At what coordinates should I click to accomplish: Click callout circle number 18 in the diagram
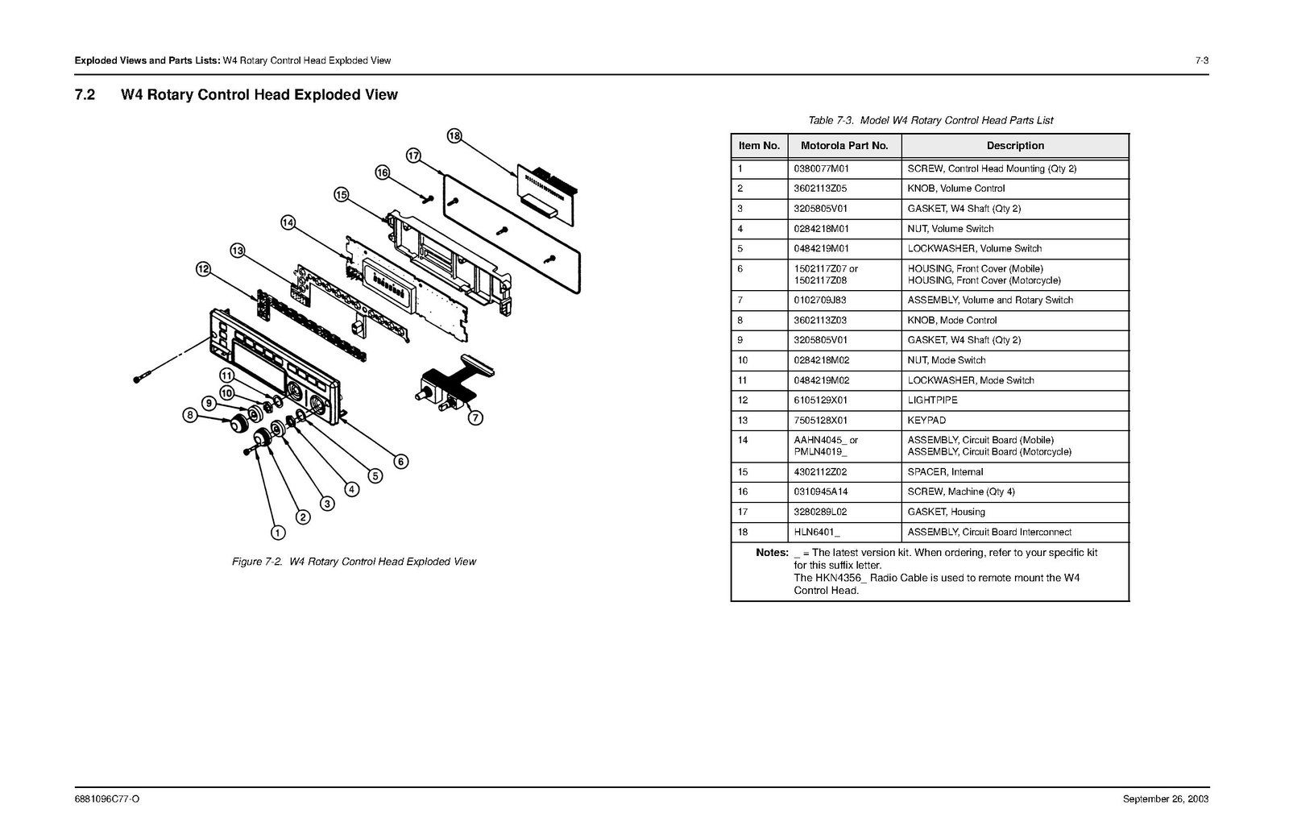(x=454, y=136)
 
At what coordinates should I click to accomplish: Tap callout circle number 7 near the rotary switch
(x=476, y=417)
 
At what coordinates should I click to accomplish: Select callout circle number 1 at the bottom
(x=277, y=532)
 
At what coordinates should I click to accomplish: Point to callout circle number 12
(x=203, y=268)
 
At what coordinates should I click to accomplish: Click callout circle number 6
(x=400, y=462)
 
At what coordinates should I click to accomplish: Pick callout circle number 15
(x=341, y=194)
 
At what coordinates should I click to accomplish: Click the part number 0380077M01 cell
(x=821, y=168)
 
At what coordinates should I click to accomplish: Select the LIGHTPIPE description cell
(x=932, y=400)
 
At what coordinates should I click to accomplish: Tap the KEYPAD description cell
(x=926, y=420)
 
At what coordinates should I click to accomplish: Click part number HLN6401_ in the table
(x=816, y=532)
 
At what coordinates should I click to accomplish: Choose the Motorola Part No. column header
(x=843, y=146)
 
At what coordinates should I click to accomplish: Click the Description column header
(x=1014, y=146)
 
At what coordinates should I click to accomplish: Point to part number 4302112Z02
(x=820, y=471)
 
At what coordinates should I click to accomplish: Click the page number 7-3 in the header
(x=1201, y=60)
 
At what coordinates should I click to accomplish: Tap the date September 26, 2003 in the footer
(x=1166, y=799)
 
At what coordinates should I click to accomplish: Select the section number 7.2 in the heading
(x=85, y=95)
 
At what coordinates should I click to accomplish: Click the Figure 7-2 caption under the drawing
(x=354, y=562)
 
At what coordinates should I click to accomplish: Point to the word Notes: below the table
(x=772, y=553)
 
